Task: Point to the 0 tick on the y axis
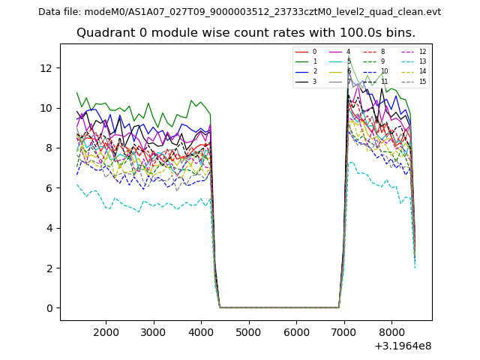pyautogui.click(x=49, y=308)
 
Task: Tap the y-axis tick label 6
pyautogui.click(x=49, y=188)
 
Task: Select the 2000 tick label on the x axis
pyautogui.click(x=106, y=332)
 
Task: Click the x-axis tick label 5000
pyautogui.click(x=249, y=332)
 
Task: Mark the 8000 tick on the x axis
pyautogui.click(x=391, y=332)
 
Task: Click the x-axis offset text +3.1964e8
pyautogui.click(x=401, y=346)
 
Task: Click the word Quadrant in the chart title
pyautogui.click(x=103, y=33)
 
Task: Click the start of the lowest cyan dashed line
pyautogui.click(x=77, y=184)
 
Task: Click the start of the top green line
pyautogui.click(x=77, y=93)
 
